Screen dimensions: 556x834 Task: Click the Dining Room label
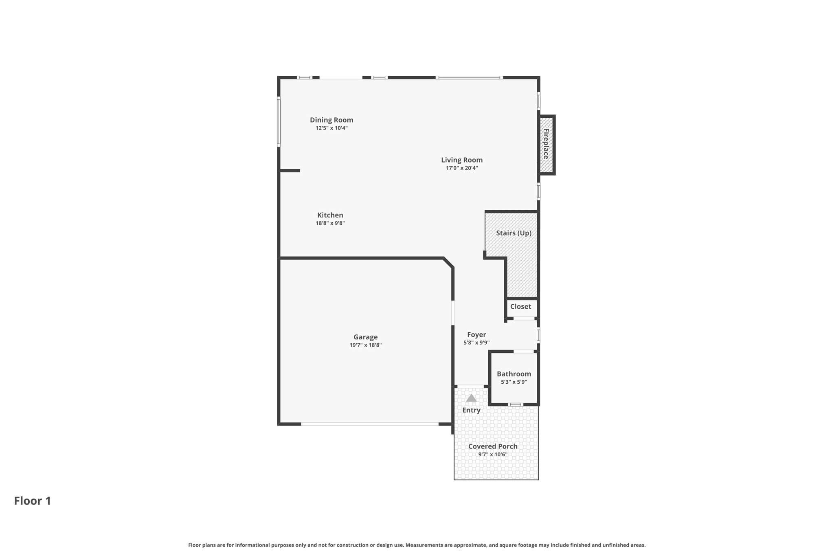click(331, 120)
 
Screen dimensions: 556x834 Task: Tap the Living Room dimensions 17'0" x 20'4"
click(461, 168)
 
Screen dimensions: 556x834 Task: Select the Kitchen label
click(330, 215)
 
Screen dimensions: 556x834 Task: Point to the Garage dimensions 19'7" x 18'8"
click(365, 345)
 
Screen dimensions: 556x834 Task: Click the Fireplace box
click(546, 145)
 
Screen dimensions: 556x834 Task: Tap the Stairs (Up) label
click(513, 233)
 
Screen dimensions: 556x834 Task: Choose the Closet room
click(521, 308)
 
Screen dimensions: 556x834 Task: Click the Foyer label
click(476, 334)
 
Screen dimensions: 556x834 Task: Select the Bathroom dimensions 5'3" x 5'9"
click(514, 382)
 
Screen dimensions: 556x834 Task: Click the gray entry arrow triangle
click(471, 398)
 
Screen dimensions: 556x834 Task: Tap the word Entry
click(471, 410)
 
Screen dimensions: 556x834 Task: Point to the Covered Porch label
click(492, 446)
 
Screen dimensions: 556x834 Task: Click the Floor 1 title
click(33, 501)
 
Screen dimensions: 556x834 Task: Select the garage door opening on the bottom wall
click(369, 424)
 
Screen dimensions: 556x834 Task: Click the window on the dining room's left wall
click(279, 121)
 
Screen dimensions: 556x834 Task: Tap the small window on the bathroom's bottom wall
click(515, 404)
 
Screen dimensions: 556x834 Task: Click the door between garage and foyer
click(453, 312)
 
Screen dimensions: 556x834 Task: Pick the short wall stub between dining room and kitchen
click(290, 171)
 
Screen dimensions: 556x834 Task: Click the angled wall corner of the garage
click(448, 262)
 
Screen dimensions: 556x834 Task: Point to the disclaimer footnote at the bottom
click(417, 545)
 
